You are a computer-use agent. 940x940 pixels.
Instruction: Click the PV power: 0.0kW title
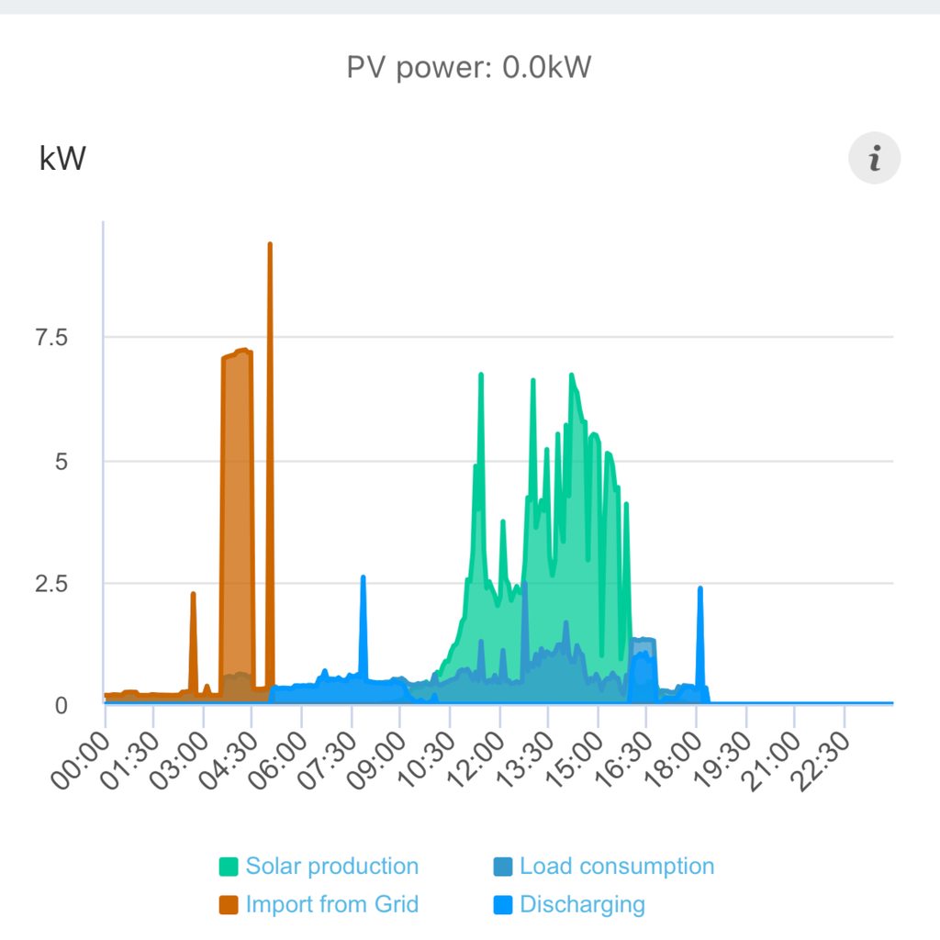pyautogui.click(x=469, y=68)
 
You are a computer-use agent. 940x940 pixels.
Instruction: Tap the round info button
pyautogui.click(x=874, y=159)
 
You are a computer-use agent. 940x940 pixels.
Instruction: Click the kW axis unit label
pyautogui.click(x=62, y=159)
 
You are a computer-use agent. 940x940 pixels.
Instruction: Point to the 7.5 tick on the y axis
pyautogui.click(x=51, y=338)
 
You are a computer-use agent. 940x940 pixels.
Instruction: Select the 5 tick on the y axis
pyautogui.click(x=62, y=461)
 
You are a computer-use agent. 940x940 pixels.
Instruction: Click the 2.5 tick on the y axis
pyautogui.click(x=51, y=584)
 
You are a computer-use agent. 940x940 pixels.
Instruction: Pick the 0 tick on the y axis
pyautogui.click(x=62, y=705)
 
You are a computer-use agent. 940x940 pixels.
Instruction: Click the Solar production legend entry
pyautogui.click(x=319, y=867)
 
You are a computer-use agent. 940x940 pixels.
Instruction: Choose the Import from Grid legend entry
pyautogui.click(x=319, y=904)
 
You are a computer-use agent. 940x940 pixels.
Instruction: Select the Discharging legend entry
pyautogui.click(x=569, y=904)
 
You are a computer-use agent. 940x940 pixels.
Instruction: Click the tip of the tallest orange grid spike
pyautogui.click(x=270, y=244)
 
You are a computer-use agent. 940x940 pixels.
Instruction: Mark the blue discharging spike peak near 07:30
pyautogui.click(x=364, y=577)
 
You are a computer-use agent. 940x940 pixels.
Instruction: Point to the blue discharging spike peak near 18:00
pyautogui.click(x=700, y=588)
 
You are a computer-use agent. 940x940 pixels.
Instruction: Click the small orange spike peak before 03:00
pyautogui.click(x=193, y=594)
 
